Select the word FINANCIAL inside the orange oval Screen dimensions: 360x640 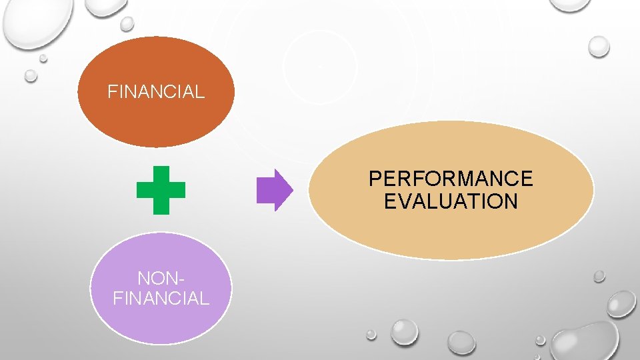pos(156,91)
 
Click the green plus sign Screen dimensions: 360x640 pos(161,190)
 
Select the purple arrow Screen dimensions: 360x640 pos(274,190)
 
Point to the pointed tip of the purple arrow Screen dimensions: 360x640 pos(291,190)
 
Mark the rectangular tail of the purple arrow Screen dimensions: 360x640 pos(265,190)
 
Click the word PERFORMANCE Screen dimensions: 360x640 pos(451,179)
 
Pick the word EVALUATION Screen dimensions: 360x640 pos(451,201)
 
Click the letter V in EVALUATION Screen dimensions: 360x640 pos(406,201)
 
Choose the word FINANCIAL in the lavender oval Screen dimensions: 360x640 pos(161,298)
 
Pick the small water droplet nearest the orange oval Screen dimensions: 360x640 pos(127,24)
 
